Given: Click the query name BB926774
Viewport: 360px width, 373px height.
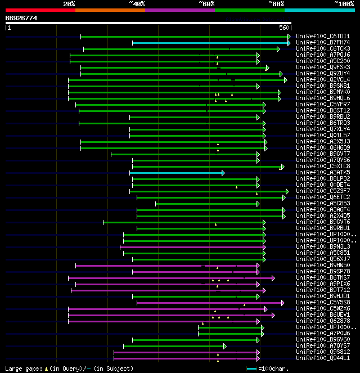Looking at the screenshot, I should pos(21,18).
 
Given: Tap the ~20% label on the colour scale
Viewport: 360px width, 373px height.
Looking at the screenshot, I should pos(69,3).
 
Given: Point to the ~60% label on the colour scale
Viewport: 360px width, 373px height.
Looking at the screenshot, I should pos(206,3).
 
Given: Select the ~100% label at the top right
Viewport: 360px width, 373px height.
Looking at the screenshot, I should pos(344,3).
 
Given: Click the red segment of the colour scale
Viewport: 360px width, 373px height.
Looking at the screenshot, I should pos(40,10).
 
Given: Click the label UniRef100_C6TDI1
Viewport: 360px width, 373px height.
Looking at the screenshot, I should pos(323,36).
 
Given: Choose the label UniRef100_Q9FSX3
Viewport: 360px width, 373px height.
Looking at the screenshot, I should pos(323,67).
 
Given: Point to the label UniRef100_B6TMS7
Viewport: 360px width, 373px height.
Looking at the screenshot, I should pos(323,278).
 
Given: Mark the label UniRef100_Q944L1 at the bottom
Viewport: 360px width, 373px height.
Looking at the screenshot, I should pos(323,358).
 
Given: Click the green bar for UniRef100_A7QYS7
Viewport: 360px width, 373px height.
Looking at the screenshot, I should pos(174,346).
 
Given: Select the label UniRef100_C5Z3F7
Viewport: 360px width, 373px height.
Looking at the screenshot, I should pos(323,191).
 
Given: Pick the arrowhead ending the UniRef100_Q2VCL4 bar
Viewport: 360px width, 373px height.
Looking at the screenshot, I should pos(286,80).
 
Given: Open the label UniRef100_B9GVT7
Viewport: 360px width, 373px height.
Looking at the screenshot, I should pos(323,154).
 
